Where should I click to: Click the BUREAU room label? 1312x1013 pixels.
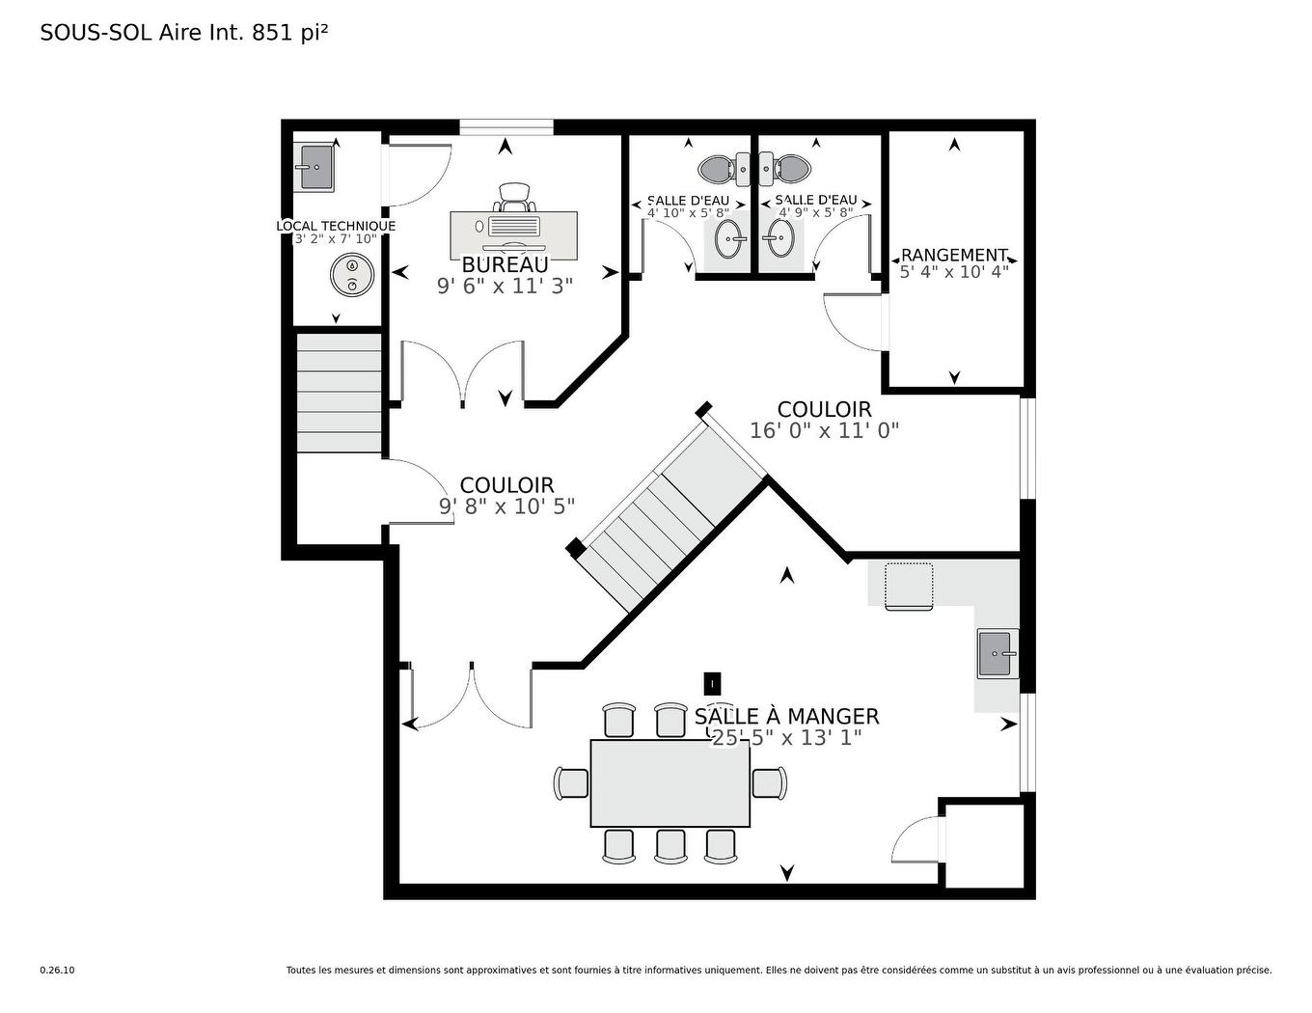(x=505, y=264)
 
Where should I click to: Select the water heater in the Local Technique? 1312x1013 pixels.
(x=351, y=275)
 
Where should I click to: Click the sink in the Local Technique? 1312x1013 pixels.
(x=313, y=167)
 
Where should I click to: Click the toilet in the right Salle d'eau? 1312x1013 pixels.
(x=784, y=169)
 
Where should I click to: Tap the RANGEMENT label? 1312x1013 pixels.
(x=954, y=255)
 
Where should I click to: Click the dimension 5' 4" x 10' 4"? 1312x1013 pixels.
(x=954, y=272)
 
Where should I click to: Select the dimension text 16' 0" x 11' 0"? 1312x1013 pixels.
(x=824, y=430)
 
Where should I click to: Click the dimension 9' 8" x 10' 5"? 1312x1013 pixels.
(x=506, y=506)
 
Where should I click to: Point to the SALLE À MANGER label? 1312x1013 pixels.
(x=786, y=717)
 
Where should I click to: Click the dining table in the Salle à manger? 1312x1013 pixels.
(x=670, y=783)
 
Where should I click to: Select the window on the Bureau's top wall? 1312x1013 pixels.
(x=506, y=127)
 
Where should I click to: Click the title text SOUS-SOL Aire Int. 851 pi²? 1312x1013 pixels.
(x=184, y=33)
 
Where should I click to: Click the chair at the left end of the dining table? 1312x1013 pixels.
(x=571, y=783)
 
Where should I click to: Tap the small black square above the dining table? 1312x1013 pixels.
(x=713, y=684)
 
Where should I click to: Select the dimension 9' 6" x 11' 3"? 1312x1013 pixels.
(x=505, y=286)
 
